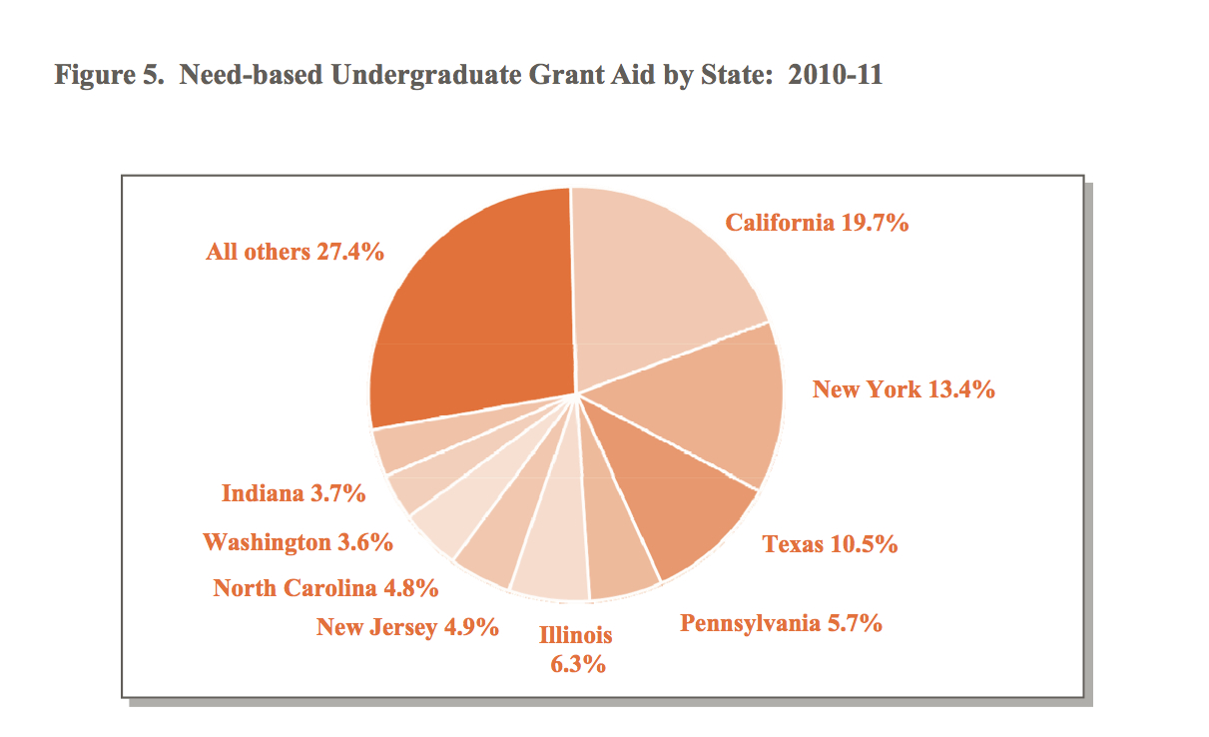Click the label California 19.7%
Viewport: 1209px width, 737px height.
pyautogui.click(x=817, y=223)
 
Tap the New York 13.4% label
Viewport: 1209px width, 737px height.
pyautogui.click(x=904, y=389)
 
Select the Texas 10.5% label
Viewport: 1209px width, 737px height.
pyautogui.click(x=830, y=543)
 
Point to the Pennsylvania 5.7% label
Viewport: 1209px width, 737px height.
pyautogui.click(x=781, y=623)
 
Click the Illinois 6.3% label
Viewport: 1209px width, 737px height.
pyautogui.click(x=576, y=649)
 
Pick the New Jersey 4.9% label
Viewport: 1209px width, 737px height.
pyautogui.click(x=407, y=627)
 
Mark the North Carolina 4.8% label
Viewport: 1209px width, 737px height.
pyautogui.click(x=325, y=588)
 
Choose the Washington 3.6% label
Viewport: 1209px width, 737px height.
pyautogui.click(x=298, y=542)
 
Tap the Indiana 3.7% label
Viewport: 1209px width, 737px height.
pyautogui.click(x=294, y=493)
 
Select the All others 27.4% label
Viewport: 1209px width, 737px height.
pyautogui.click(x=295, y=252)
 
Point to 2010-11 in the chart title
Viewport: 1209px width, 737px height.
pyautogui.click(x=835, y=74)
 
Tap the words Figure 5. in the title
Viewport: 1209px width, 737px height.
pyautogui.click(x=109, y=75)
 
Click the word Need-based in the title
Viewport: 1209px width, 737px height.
pyautogui.click(x=251, y=74)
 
